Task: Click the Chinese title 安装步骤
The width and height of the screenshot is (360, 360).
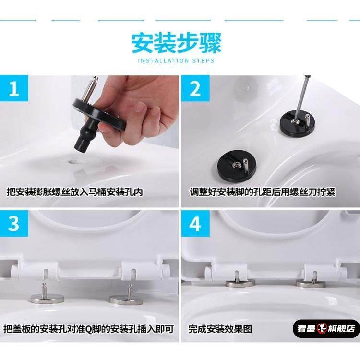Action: click(x=176, y=43)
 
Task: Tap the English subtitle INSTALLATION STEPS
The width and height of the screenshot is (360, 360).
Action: click(x=176, y=61)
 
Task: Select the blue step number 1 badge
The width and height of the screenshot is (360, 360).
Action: click(x=14, y=88)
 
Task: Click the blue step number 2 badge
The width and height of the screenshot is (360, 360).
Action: click(x=195, y=88)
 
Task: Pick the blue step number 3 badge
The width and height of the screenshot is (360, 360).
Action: click(x=14, y=224)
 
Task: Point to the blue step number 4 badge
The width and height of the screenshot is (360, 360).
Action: click(x=195, y=224)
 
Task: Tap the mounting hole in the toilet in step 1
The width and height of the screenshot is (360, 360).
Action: click(x=75, y=162)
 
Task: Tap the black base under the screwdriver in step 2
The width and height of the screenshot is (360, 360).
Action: click(x=297, y=123)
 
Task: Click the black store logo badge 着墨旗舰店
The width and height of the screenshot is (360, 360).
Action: click(x=326, y=329)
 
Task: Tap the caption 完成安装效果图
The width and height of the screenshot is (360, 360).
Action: click(x=220, y=329)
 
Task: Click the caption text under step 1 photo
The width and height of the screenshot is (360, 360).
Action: click(x=74, y=192)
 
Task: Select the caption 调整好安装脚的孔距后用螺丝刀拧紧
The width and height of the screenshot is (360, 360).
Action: click(x=263, y=192)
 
